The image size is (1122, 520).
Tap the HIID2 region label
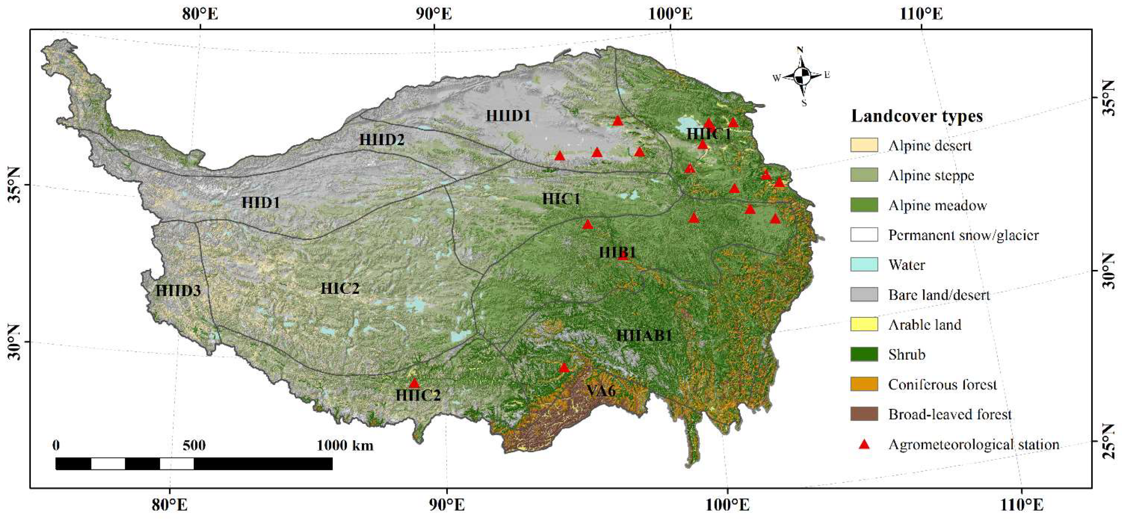[382, 140]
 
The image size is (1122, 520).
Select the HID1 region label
[260, 203]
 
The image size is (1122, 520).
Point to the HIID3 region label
[178, 290]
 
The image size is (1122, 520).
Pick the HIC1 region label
[561, 199]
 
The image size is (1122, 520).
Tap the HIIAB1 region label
[644, 335]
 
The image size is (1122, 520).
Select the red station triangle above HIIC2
[414, 383]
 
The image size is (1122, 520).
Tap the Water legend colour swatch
[864, 264]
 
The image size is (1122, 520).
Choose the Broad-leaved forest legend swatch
[864, 414]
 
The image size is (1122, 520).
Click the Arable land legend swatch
[864, 324]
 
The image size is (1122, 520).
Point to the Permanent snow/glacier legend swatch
[864, 235]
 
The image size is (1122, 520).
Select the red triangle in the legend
[864, 445]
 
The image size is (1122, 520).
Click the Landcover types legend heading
[916, 116]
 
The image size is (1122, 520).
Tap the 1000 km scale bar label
[345, 445]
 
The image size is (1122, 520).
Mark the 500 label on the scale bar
[194, 445]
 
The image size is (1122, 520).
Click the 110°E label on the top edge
[921, 14]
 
